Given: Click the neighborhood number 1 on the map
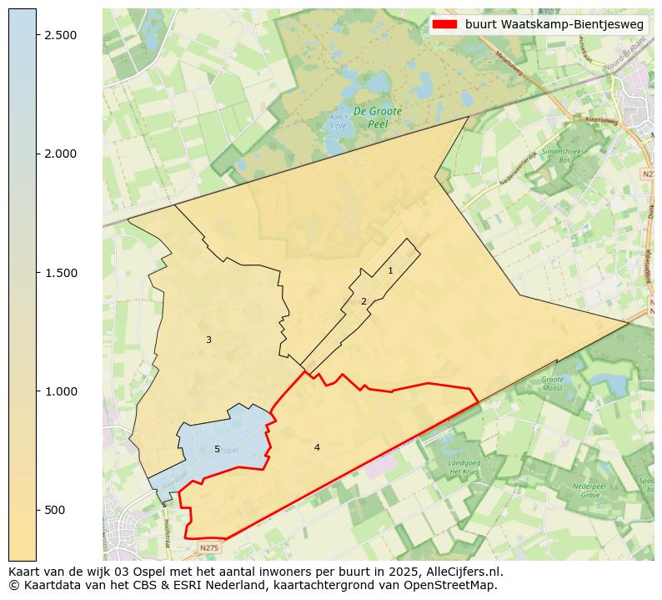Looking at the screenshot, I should tap(390, 271).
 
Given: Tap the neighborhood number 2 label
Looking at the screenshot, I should tap(364, 301).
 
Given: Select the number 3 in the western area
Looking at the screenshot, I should tap(208, 340).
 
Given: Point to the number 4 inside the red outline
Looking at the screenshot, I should tap(317, 447).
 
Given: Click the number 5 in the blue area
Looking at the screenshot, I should tap(217, 449).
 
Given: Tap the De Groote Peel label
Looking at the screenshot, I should tap(377, 116).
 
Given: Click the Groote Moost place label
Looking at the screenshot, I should tap(553, 384).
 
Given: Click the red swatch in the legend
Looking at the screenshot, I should tap(444, 25).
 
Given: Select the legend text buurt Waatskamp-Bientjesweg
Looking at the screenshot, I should tap(554, 25).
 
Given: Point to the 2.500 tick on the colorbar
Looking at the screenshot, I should tap(60, 34).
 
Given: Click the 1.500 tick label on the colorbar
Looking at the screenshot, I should tap(60, 272).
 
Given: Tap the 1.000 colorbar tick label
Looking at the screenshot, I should tap(60, 391).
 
